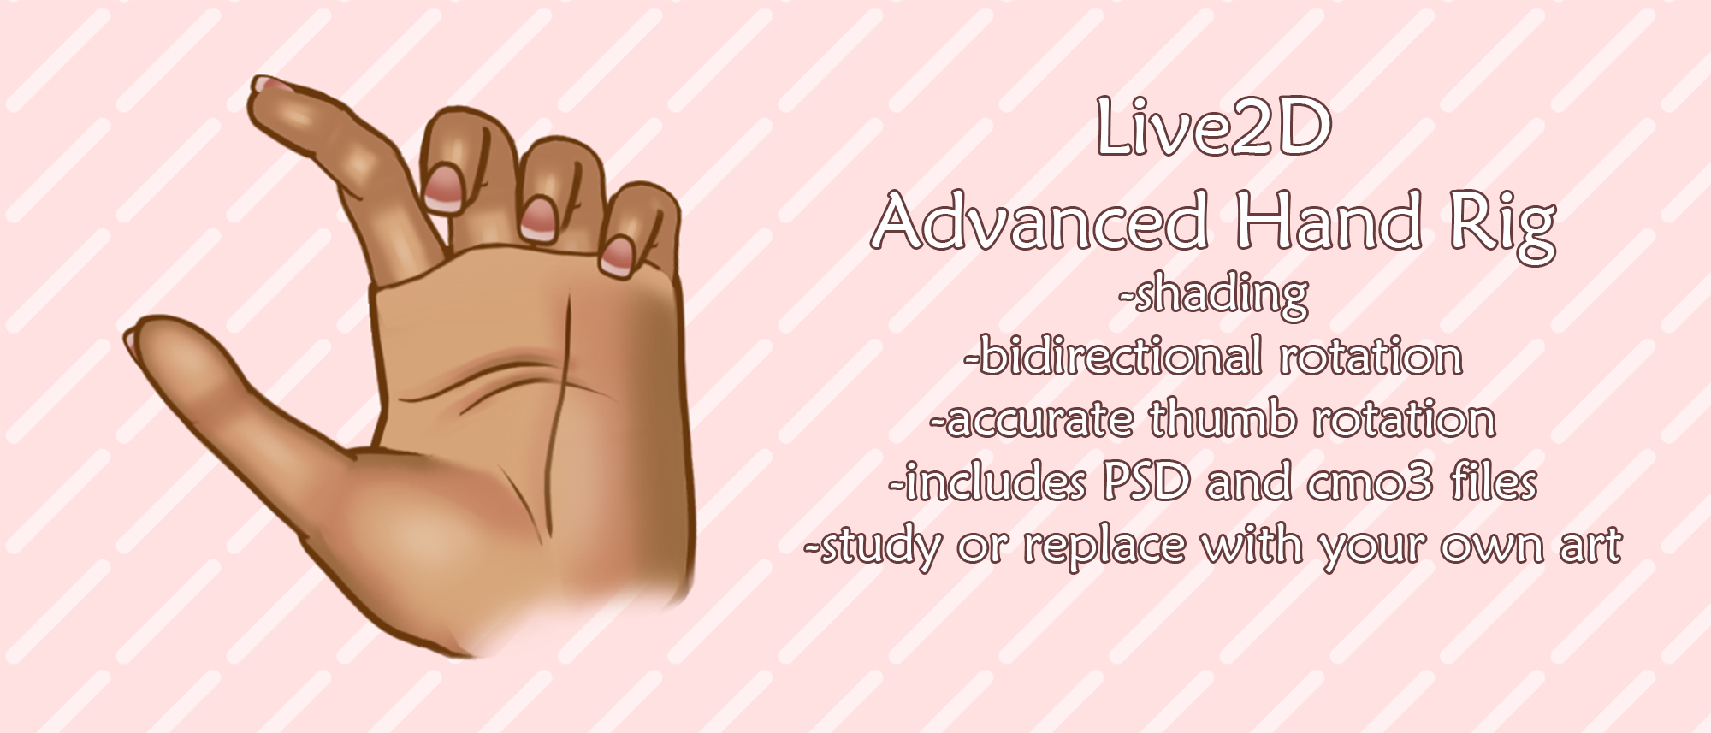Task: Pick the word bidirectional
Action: coord(1121,357)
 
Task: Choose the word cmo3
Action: coord(1370,483)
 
